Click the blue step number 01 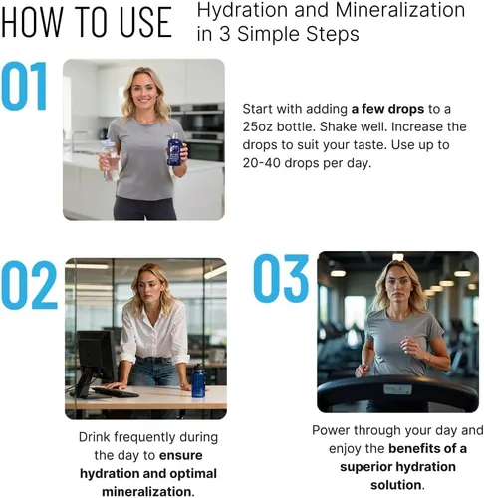(24, 86)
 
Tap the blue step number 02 (29, 285)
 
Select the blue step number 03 (281, 278)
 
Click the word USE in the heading (145, 22)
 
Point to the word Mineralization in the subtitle (400, 10)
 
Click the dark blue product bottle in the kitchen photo (174, 149)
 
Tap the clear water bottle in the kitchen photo (111, 160)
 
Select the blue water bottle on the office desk (198, 380)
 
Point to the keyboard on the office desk (116, 392)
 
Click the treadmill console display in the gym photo (397, 389)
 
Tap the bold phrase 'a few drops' (387, 109)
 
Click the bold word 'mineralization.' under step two (148, 492)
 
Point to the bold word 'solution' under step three (396, 485)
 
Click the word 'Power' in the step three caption (330, 430)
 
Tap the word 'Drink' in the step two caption (95, 437)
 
